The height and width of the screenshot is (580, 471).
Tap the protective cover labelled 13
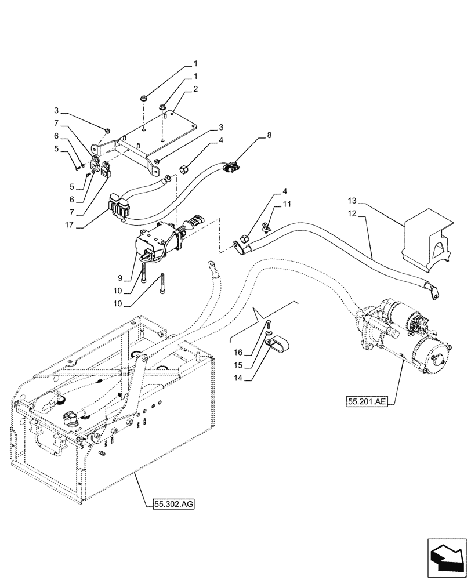pyautogui.click(x=427, y=238)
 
